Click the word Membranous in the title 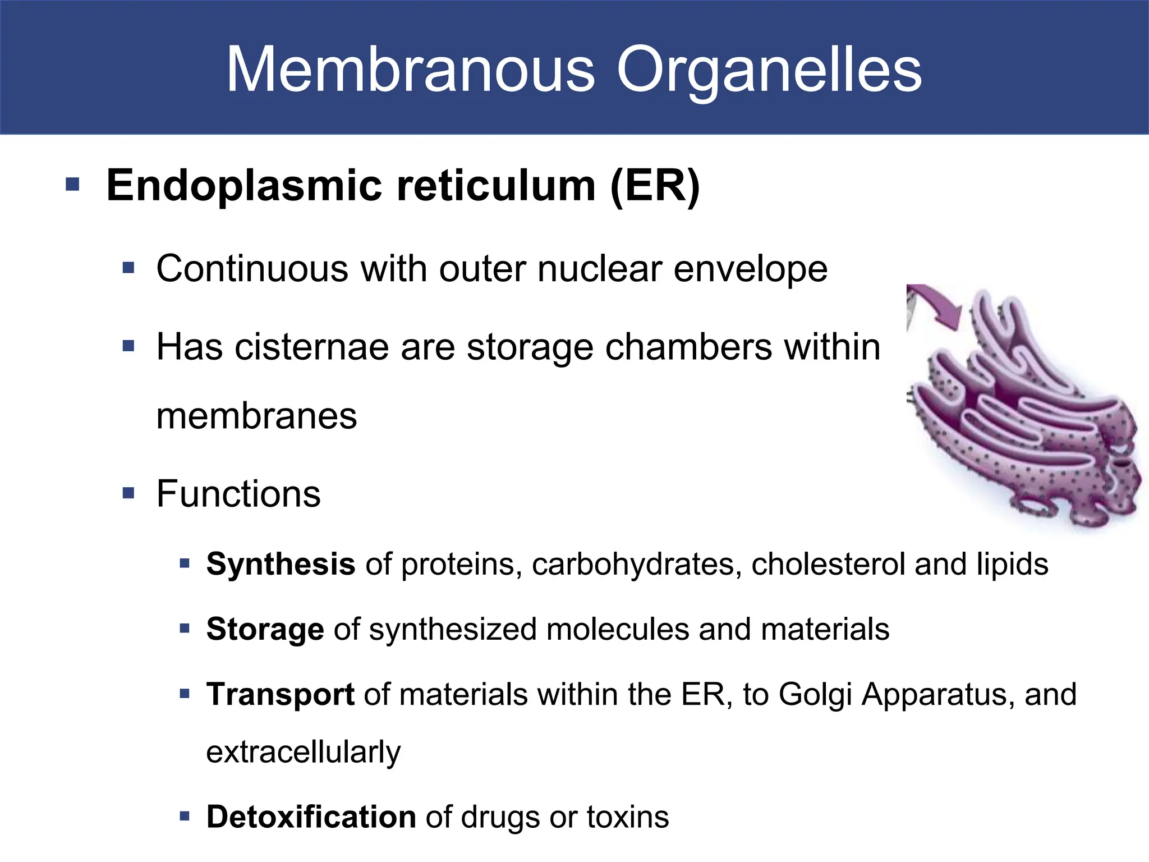[x=410, y=70]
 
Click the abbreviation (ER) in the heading [x=655, y=186]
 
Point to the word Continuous [x=252, y=269]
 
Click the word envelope [x=750, y=270]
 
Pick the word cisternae [x=311, y=347]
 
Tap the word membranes [x=256, y=416]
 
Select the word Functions [x=238, y=494]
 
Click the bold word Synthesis [x=281, y=564]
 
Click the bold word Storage [x=265, y=629]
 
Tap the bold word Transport [x=280, y=695]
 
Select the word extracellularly [x=304, y=752]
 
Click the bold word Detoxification [x=311, y=817]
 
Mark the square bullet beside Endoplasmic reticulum [x=72, y=185]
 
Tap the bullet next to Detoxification [x=185, y=816]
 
